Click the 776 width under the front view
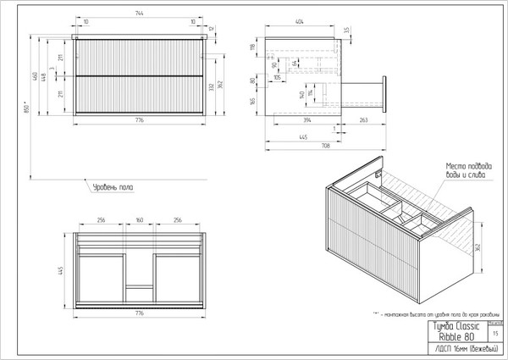139,121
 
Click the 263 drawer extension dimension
362,122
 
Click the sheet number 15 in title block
495,335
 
